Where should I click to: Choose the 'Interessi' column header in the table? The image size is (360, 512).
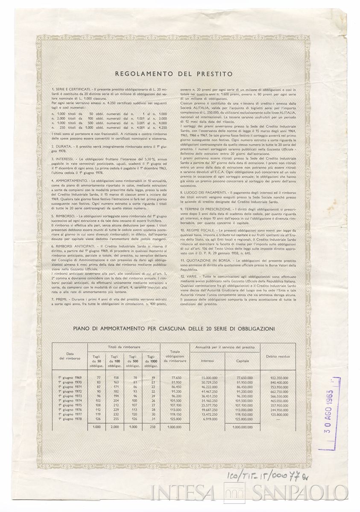pyautogui.click(x=208, y=361)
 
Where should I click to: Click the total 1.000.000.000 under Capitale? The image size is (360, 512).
pyautogui.click(x=245, y=427)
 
